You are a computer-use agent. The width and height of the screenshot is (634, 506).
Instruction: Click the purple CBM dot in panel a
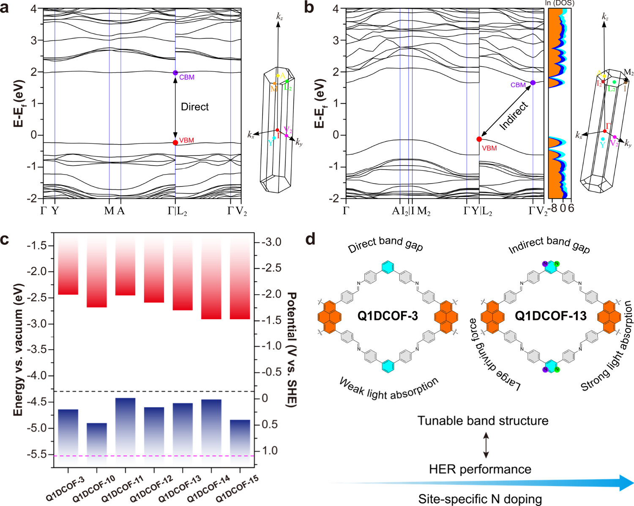pyautogui.click(x=175, y=73)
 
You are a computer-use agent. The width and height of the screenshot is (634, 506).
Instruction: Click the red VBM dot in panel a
pyautogui.click(x=175, y=142)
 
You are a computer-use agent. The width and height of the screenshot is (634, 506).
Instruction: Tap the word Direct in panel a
pyautogui.click(x=195, y=107)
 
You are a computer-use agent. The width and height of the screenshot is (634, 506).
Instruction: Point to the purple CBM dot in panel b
pyautogui.click(x=533, y=83)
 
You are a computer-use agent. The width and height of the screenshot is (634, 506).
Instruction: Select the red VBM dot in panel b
pyautogui.click(x=479, y=139)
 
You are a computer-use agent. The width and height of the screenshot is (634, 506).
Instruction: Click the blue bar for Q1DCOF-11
pyautogui.click(x=125, y=427)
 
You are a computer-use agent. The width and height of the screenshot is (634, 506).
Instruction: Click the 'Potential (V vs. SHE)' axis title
pyautogui.click(x=292, y=349)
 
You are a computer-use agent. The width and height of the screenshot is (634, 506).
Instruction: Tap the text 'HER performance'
pyautogui.click(x=480, y=469)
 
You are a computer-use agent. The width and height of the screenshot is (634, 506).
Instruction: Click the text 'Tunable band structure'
pyautogui.click(x=483, y=421)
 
